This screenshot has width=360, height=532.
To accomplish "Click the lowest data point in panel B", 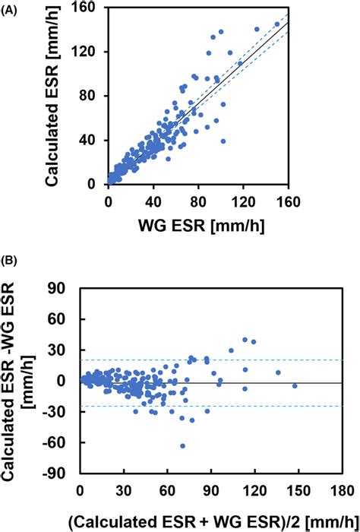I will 182,445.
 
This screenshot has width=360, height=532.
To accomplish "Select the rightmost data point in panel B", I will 295,386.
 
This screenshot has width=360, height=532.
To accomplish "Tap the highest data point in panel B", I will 245,340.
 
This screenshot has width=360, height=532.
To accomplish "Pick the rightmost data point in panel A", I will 276,24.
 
